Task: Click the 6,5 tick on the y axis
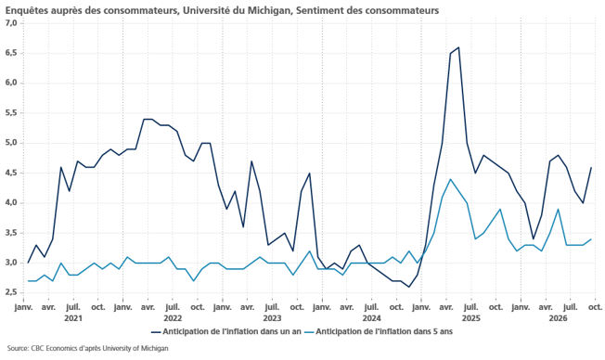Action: pos(11,53)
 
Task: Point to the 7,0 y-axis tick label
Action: pos(11,23)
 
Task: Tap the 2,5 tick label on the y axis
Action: pos(11,293)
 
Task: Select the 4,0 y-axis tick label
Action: pos(11,203)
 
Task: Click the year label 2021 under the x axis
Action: pos(73,318)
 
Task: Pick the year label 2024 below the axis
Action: pos(371,318)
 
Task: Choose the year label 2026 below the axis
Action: pos(559,318)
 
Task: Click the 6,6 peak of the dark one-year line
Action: pos(458,47)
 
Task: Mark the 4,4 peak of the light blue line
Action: pos(450,179)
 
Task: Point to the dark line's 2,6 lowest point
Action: pos(408,287)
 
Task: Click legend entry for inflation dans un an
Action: pos(226,332)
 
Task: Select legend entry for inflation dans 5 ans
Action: pos(379,332)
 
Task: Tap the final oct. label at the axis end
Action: pos(595,307)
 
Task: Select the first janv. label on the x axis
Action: pos(23,307)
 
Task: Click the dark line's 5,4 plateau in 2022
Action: pos(148,120)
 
